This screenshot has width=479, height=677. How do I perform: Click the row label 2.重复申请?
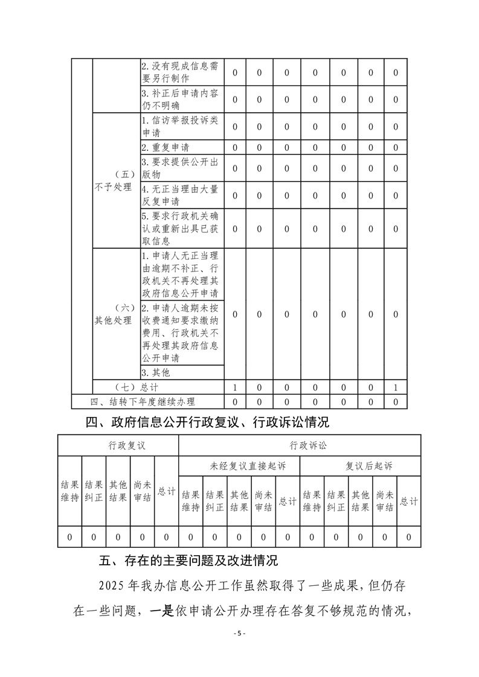coord(165,147)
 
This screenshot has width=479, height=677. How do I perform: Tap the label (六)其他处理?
coord(113,314)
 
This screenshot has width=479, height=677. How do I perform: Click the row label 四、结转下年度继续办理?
coord(143,401)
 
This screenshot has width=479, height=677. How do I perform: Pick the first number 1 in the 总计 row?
coord(234,387)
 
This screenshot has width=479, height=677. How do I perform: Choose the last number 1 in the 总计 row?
coord(396,387)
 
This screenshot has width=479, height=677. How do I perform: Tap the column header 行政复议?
coord(118,445)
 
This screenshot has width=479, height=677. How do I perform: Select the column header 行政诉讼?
coord(300,445)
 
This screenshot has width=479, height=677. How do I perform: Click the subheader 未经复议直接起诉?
coord(239,466)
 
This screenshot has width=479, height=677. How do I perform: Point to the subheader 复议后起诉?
coord(360,466)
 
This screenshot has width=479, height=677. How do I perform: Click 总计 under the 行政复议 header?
coord(167,491)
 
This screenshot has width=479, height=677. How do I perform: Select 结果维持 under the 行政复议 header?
coord(70,491)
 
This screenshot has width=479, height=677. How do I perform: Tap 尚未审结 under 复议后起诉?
coord(384,501)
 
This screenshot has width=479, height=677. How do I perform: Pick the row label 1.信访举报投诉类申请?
coord(179,126)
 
